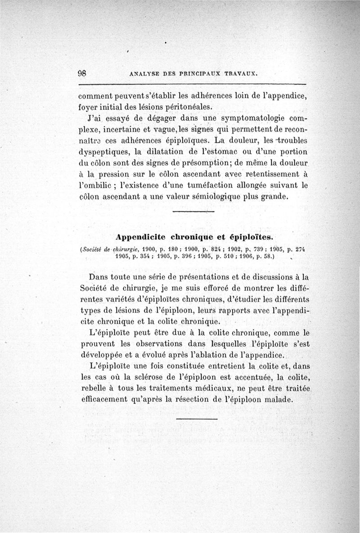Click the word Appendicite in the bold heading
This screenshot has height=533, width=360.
(x=140, y=236)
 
